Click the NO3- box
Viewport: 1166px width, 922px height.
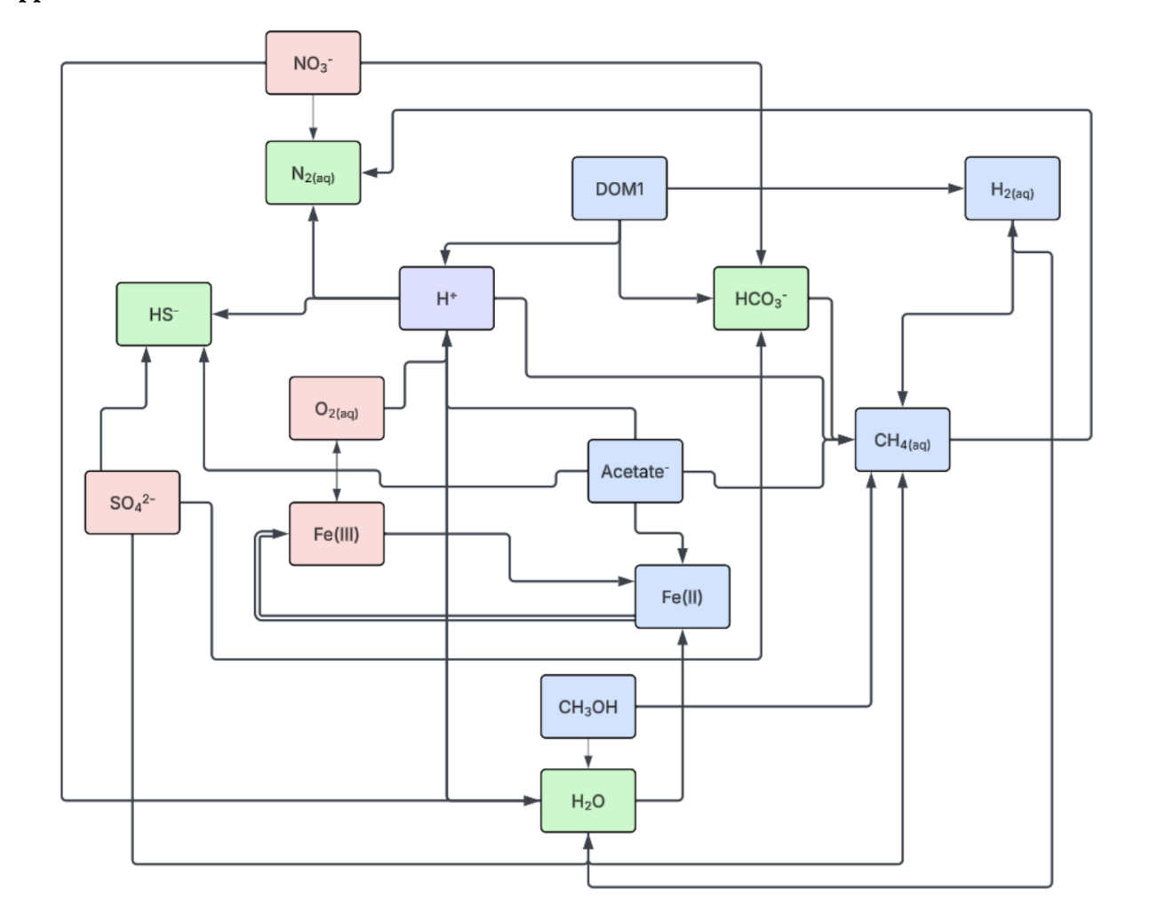[x=313, y=63]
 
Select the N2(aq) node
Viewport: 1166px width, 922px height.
[x=313, y=173]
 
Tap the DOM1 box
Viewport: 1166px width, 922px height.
[x=619, y=188]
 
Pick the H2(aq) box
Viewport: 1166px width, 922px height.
[x=1012, y=188]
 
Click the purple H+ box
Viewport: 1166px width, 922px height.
[x=446, y=298]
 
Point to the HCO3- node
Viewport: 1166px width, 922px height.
[x=761, y=298]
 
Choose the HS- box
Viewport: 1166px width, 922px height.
[x=164, y=314]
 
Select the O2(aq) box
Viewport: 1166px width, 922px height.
[x=337, y=408]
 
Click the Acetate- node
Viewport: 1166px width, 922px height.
[x=635, y=471]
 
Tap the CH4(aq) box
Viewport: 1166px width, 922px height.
[x=902, y=440]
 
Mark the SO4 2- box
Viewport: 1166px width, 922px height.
[x=132, y=502]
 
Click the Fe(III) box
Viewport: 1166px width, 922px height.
[x=337, y=534]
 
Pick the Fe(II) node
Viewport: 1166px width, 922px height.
[x=683, y=596]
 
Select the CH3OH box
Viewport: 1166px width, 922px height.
[x=587, y=706]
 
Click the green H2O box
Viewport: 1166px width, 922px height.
[x=587, y=800]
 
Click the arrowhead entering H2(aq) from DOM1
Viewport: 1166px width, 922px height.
[x=956, y=188]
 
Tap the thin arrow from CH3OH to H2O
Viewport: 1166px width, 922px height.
[x=587, y=753]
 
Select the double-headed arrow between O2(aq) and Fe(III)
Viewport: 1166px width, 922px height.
[x=337, y=472]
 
